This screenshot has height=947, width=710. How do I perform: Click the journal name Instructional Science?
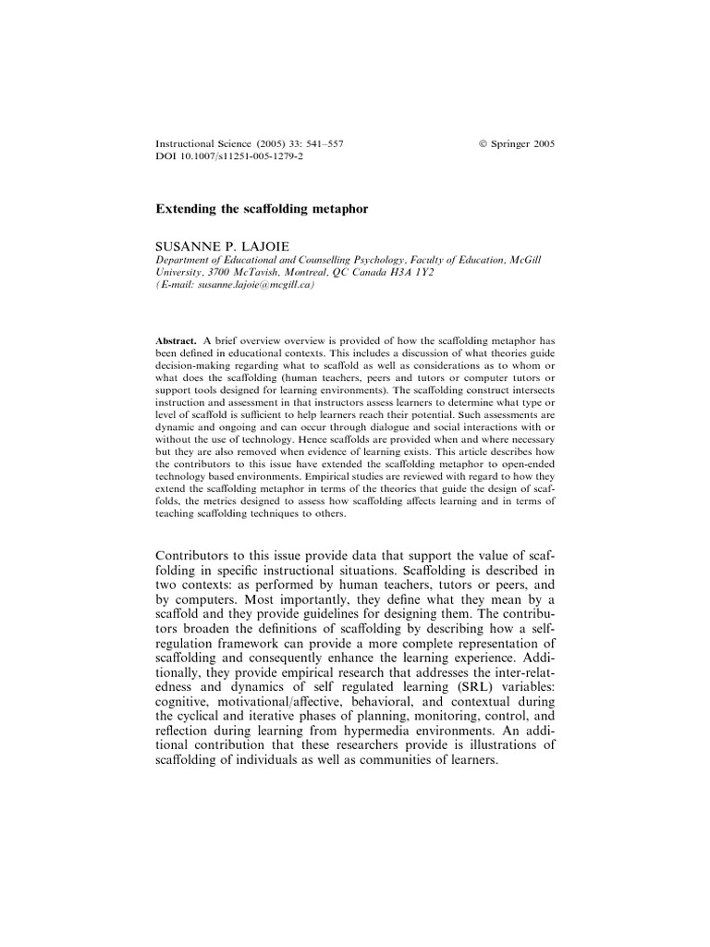[195, 143]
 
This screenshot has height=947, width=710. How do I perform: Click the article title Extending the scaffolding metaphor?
[261, 209]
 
